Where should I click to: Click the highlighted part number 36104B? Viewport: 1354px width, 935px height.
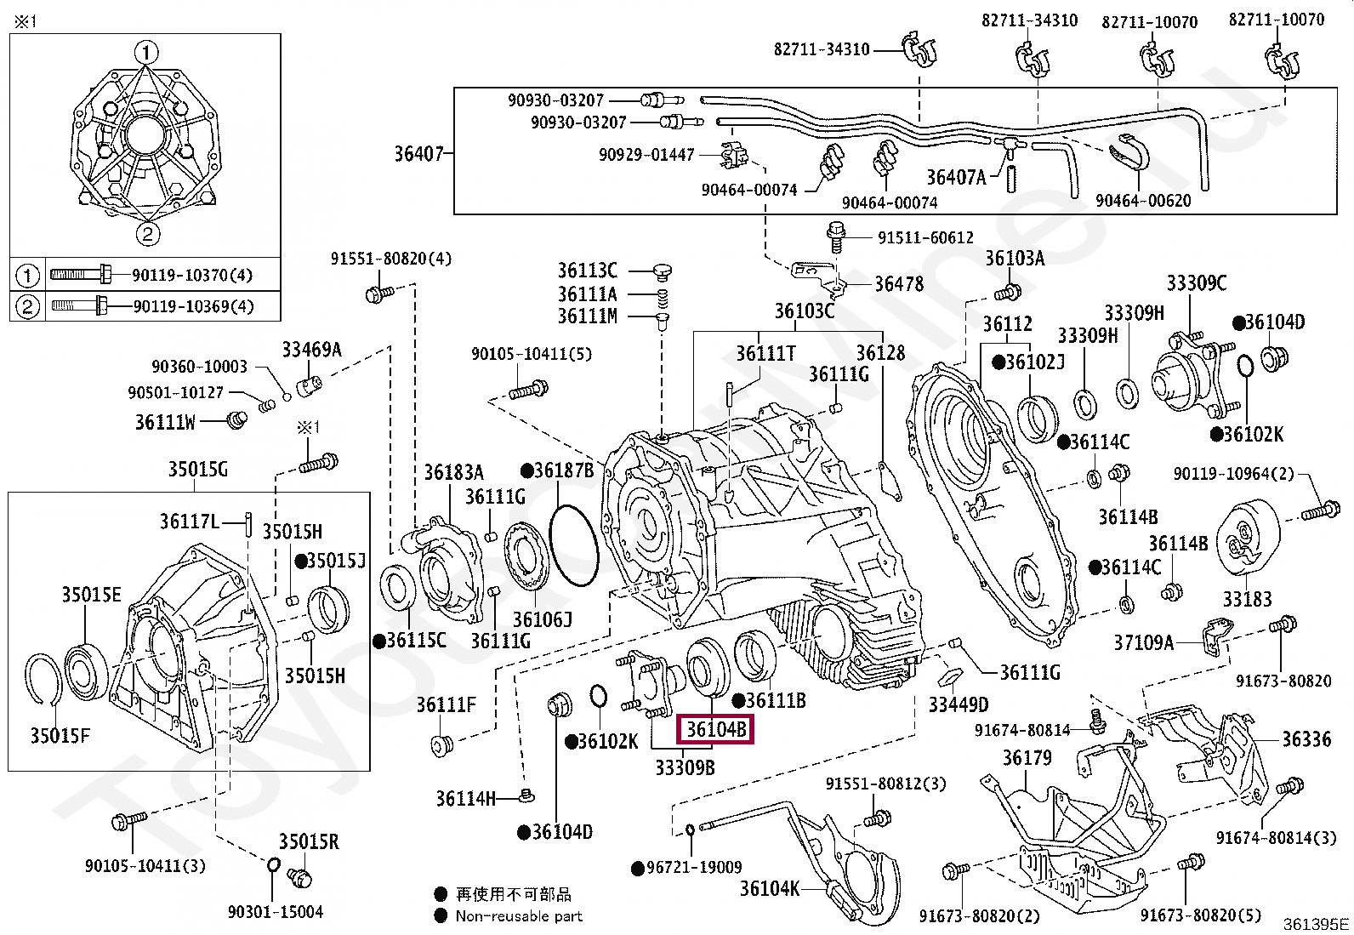(x=715, y=729)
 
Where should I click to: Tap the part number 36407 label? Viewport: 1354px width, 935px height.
(x=419, y=154)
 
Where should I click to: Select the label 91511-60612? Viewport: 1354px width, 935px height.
(x=925, y=237)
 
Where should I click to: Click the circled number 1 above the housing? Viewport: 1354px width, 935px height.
(x=145, y=53)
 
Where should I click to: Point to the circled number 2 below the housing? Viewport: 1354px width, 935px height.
(x=147, y=233)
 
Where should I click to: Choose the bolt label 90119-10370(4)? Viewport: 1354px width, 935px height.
(x=192, y=275)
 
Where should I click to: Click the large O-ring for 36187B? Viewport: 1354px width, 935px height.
(x=573, y=544)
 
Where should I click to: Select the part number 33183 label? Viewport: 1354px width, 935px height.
(x=1247, y=599)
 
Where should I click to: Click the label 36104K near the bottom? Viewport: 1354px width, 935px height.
(x=769, y=888)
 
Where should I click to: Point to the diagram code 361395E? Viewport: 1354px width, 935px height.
(x=1316, y=924)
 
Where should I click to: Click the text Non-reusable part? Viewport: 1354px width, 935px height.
(x=519, y=916)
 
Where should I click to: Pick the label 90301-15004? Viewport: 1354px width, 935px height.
(x=275, y=911)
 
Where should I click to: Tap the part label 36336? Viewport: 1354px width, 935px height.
(x=1306, y=739)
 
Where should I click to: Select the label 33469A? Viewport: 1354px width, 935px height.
(x=311, y=350)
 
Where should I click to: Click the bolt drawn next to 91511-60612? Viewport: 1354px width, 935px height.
(x=836, y=237)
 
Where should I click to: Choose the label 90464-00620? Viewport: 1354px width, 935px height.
(x=1143, y=201)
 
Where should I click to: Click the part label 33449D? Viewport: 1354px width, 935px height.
(x=958, y=704)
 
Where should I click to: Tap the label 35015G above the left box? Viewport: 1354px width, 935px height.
(x=197, y=470)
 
